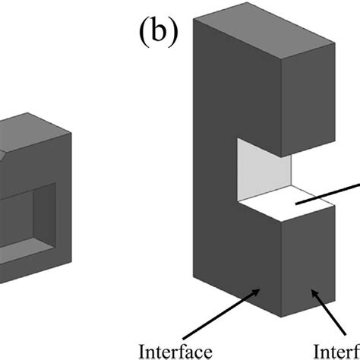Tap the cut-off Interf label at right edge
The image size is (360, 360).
click(337, 351)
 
